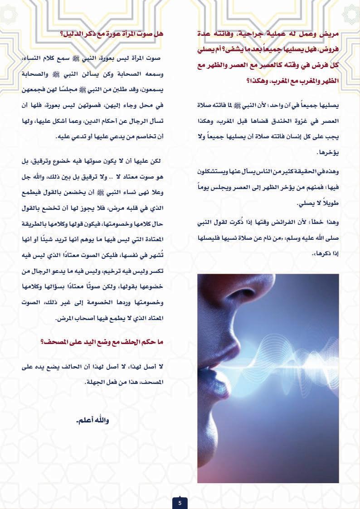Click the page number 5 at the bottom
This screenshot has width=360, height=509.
[x=180, y=502]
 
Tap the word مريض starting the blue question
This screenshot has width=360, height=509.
[x=331, y=34]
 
